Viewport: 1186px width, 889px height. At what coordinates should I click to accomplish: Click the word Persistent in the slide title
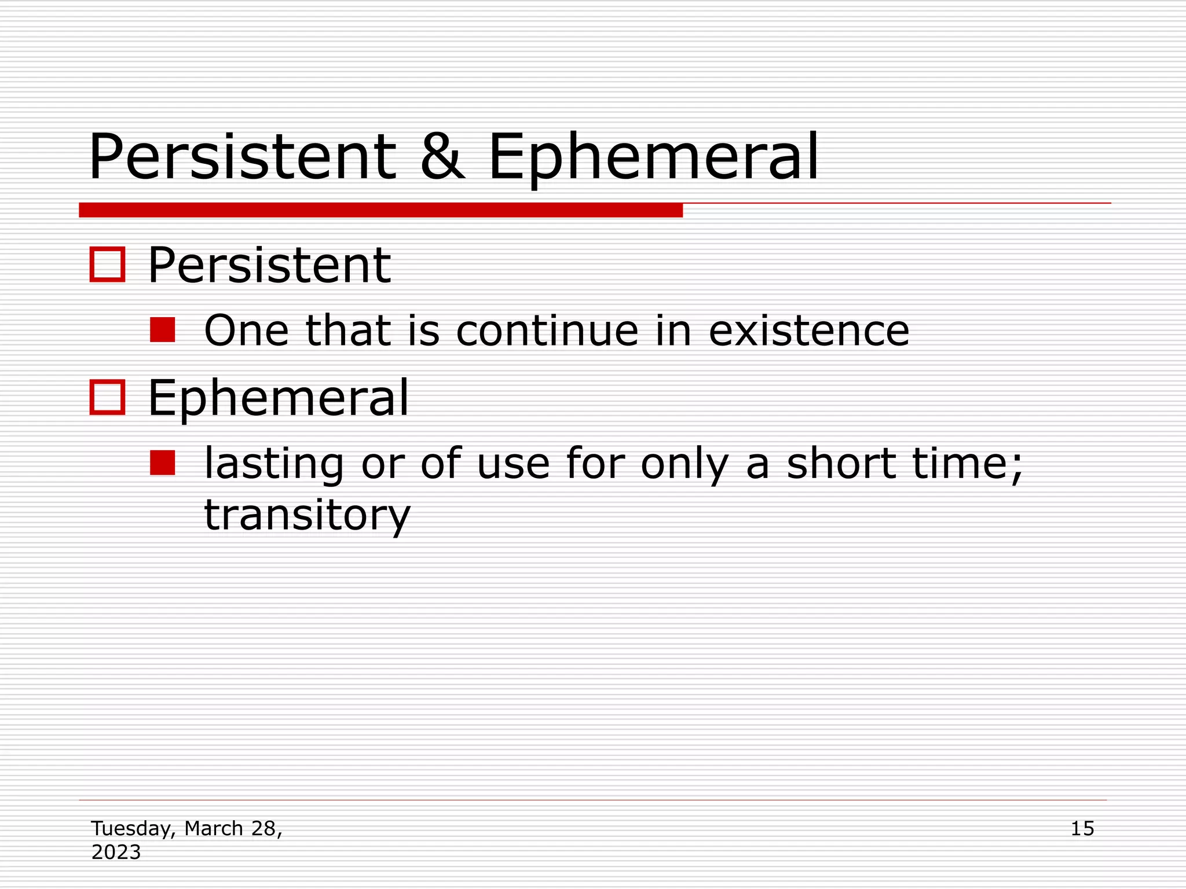[x=242, y=157]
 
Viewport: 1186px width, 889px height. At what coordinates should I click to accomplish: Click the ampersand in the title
[x=442, y=157]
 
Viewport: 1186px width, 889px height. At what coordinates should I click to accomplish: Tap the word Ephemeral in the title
[x=653, y=157]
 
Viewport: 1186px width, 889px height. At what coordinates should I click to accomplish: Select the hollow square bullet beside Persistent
[x=108, y=265]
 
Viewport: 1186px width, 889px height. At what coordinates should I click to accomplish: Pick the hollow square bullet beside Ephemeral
[x=108, y=398]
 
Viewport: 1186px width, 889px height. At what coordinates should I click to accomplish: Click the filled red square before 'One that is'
[x=163, y=330]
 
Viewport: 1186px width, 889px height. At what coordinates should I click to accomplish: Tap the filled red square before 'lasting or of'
[x=163, y=463]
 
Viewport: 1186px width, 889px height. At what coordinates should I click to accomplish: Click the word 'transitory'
[x=307, y=515]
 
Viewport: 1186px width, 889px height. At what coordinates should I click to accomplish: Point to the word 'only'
[x=684, y=464]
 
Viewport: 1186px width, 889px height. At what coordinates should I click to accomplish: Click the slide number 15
[x=1082, y=828]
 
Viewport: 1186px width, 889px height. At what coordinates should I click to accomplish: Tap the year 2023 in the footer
[x=116, y=852]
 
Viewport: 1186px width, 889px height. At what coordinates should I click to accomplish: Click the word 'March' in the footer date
[x=214, y=828]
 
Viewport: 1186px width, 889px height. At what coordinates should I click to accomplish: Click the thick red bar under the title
[x=380, y=210]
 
